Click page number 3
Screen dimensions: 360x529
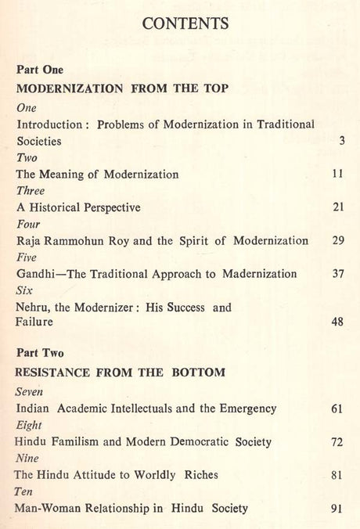342,142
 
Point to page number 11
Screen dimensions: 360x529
338,175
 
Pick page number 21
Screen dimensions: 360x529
338,207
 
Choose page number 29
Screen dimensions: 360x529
338,240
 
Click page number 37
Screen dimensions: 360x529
338,273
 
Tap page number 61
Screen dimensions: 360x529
337,408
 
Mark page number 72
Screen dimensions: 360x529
337,441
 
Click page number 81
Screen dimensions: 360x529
337,474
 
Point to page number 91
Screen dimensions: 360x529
337,508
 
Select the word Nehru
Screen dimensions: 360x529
33,308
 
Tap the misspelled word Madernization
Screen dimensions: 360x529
259,273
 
